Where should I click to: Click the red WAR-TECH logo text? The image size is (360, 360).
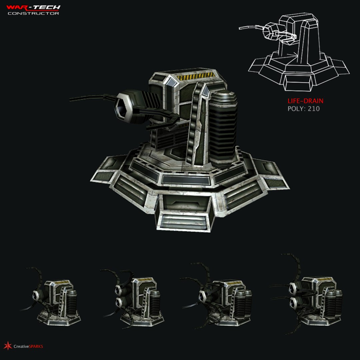33,7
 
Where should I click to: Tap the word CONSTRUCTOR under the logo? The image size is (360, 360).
33,13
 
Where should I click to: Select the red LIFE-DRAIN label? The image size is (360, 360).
305,101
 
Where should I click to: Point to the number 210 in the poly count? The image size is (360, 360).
314,109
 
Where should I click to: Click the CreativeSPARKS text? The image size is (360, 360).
28,346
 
